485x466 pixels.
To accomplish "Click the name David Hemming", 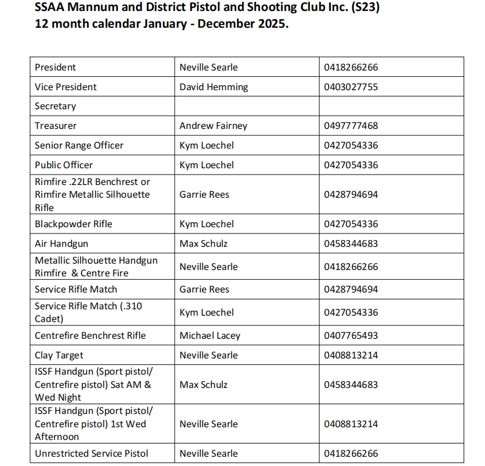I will click(214, 87).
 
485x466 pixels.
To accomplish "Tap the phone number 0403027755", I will click(351, 87).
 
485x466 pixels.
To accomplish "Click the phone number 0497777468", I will click(351, 125).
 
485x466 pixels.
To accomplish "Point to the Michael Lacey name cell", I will click(210, 335).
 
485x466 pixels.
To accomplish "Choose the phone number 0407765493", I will click(351, 335).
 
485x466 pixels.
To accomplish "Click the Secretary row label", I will click(55, 106).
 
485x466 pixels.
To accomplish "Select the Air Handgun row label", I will click(61, 243).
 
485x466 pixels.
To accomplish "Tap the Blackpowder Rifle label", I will click(74, 224).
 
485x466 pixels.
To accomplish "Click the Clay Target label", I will click(59, 355).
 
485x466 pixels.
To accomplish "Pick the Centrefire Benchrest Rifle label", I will click(90, 335).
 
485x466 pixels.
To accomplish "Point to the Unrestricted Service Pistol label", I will click(91, 453).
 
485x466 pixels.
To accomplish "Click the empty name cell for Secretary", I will click(247, 106).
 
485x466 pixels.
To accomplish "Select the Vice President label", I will click(65, 87).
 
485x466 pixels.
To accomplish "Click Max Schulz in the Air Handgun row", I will click(203, 243).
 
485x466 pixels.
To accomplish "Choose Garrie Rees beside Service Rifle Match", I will click(204, 289).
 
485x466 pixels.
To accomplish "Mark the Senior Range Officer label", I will click(79, 145).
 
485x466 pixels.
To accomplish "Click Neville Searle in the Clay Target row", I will click(208, 355).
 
